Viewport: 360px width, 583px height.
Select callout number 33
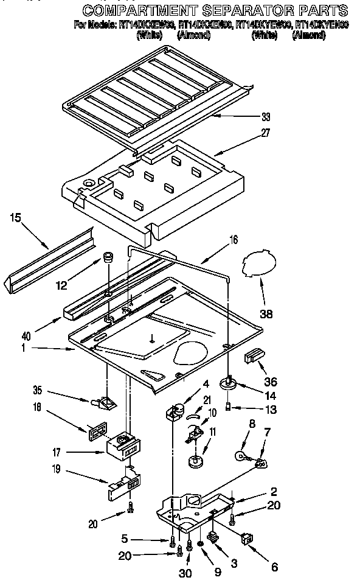[265, 117]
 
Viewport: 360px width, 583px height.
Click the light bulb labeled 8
[241, 456]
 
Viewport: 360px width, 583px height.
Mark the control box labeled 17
[123, 449]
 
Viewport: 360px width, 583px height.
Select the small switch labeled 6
[247, 537]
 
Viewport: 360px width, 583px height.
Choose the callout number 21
[207, 399]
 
